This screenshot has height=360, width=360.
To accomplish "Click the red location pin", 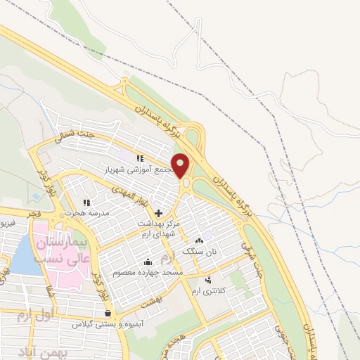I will [181, 165].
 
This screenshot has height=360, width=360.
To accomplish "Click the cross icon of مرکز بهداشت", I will [157, 213].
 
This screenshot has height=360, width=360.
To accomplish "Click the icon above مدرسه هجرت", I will [86, 202].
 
